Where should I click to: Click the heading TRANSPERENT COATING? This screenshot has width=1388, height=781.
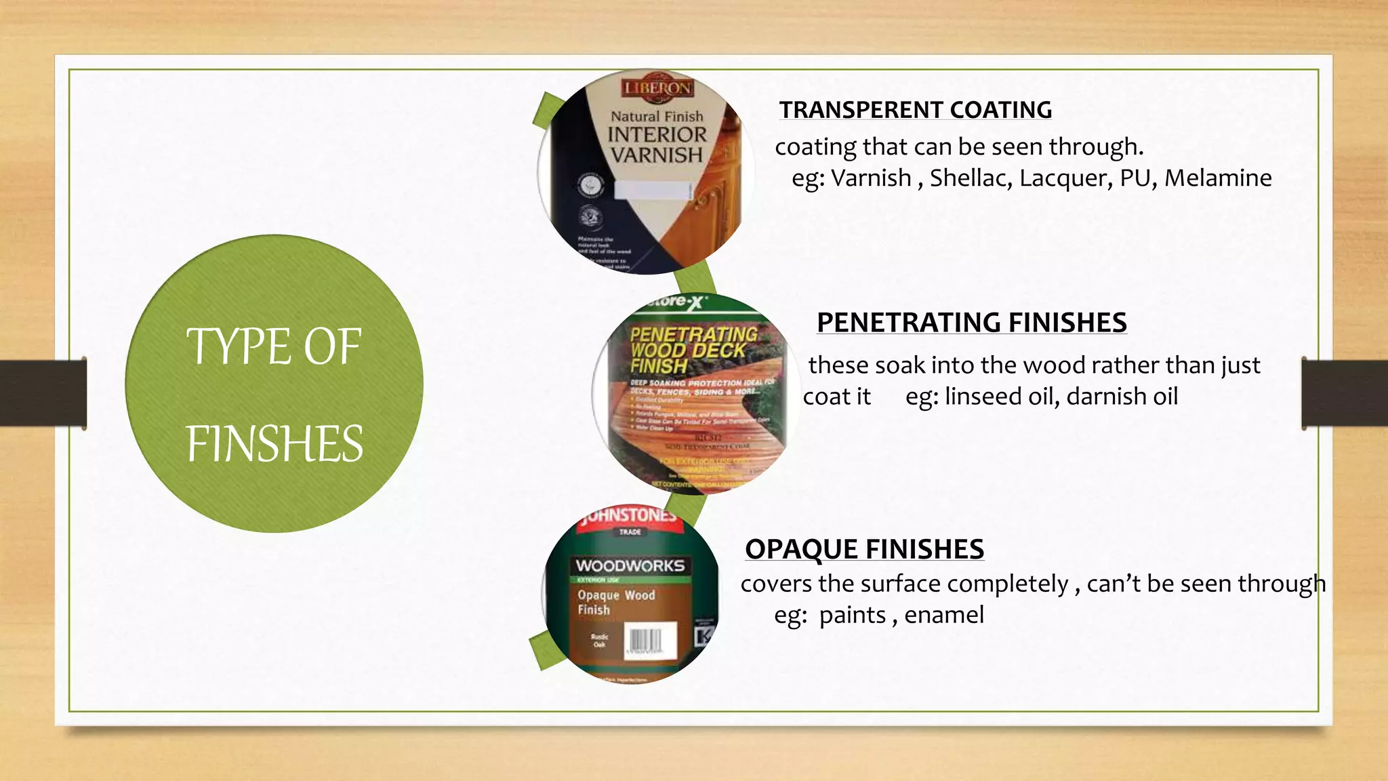pyautogui.click(x=915, y=110)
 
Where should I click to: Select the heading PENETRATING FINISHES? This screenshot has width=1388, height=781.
pyautogui.click(x=971, y=323)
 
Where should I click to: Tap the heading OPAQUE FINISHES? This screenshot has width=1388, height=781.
pyautogui.click(x=864, y=549)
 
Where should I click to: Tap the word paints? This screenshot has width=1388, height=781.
pyautogui.click(x=852, y=616)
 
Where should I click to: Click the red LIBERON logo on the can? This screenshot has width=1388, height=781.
pyautogui.click(x=657, y=88)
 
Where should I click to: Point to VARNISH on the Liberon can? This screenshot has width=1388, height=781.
pyautogui.click(x=656, y=155)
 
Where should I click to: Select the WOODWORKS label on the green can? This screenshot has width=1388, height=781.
pyautogui.click(x=630, y=565)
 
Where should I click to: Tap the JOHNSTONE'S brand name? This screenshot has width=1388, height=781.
pyautogui.click(x=629, y=515)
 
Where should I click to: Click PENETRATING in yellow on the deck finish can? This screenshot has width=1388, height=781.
pyautogui.click(x=693, y=334)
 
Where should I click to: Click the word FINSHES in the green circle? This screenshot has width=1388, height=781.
pyautogui.click(x=274, y=444)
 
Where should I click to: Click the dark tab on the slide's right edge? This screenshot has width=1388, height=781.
pyautogui.click(x=1345, y=393)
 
